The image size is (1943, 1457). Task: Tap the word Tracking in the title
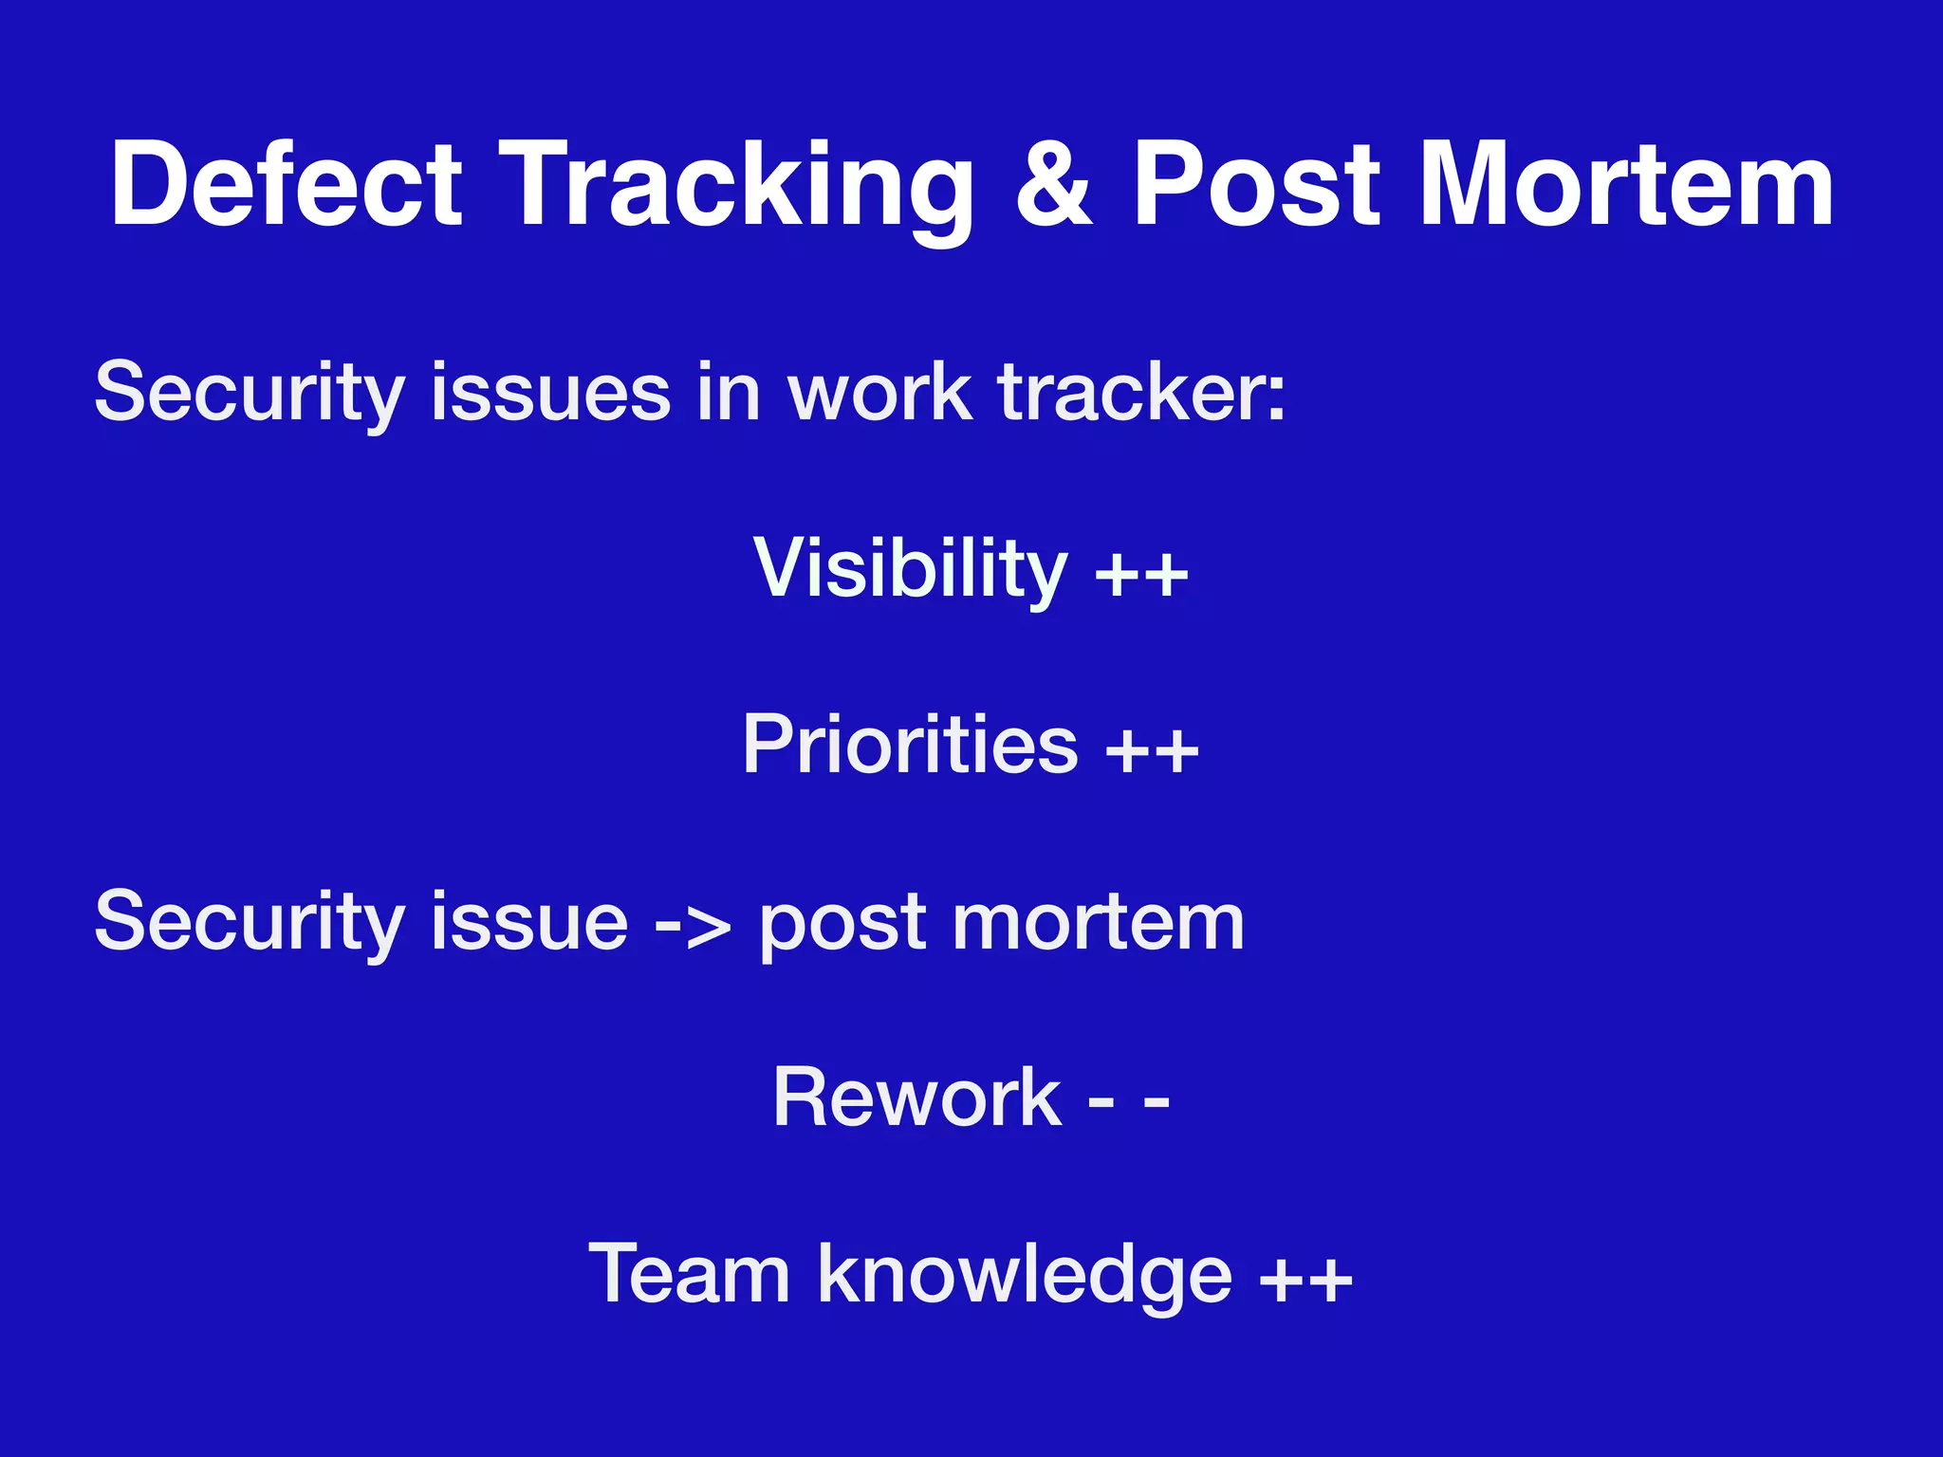(736, 185)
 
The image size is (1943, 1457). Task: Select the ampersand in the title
(1053, 185)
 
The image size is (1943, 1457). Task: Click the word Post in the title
(1257, 185)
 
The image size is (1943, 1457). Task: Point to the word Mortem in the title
(1626, 185)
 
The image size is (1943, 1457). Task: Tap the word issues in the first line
(550, 392)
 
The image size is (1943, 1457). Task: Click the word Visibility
(911, 568)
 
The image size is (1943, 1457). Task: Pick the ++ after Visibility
(1142, 574)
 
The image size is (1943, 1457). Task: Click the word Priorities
(910, 745)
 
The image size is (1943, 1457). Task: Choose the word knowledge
(1025, 1276)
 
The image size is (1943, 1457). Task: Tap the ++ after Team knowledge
(1305, 1280)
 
